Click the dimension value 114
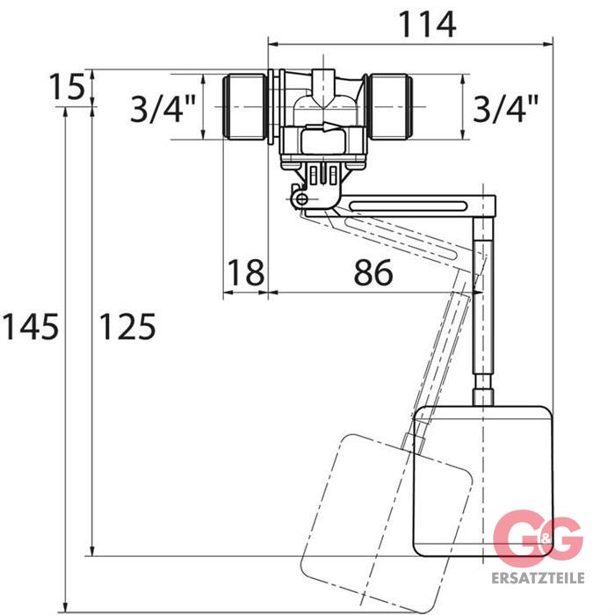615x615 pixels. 427,25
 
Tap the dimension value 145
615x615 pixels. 31,326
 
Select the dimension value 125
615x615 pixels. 127,326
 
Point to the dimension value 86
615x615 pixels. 373,272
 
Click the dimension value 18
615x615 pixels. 245,272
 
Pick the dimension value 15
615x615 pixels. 67,87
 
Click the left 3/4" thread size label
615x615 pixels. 163,109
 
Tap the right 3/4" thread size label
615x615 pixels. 505,109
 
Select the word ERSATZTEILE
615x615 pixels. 538,578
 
